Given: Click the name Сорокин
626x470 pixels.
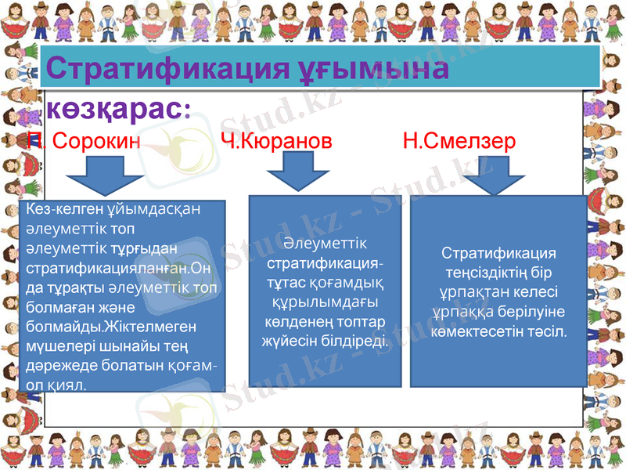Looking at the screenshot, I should point(97,141).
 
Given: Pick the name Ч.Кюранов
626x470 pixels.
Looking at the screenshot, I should point(275,141).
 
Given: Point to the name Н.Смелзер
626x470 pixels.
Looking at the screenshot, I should point(459,141).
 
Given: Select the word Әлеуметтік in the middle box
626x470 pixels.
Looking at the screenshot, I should point(326,244).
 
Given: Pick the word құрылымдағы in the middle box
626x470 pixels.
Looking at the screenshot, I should point(325,302).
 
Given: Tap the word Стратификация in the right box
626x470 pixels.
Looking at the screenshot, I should point(498,255).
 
